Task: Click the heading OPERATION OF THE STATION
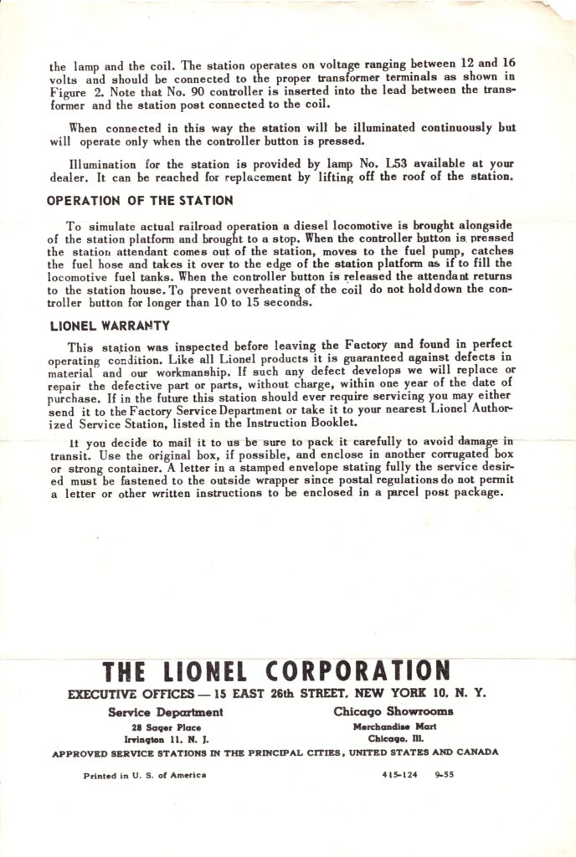(140, 201)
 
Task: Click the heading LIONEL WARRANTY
(110, 325)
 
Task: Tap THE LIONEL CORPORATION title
(276, 672)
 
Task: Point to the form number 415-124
(399, 775)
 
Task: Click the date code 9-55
(445, 775)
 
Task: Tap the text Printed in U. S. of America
(145, 775)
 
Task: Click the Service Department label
(166, 712)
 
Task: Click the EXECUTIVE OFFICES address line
(276, 693)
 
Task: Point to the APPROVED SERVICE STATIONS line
(275, 752)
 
